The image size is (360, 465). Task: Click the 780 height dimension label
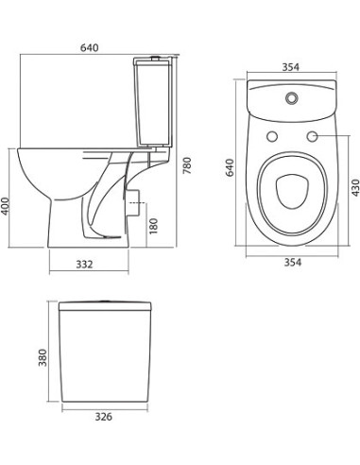(187, 164)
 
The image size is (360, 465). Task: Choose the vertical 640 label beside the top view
(228, 167)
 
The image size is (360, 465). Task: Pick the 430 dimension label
(354, 185)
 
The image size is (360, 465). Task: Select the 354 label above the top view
(291, 67)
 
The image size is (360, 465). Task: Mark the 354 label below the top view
(291, 262)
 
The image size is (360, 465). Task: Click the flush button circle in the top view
(290, 97)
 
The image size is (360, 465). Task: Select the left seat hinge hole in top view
(273, 139)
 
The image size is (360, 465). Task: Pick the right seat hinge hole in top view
(309, 139)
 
